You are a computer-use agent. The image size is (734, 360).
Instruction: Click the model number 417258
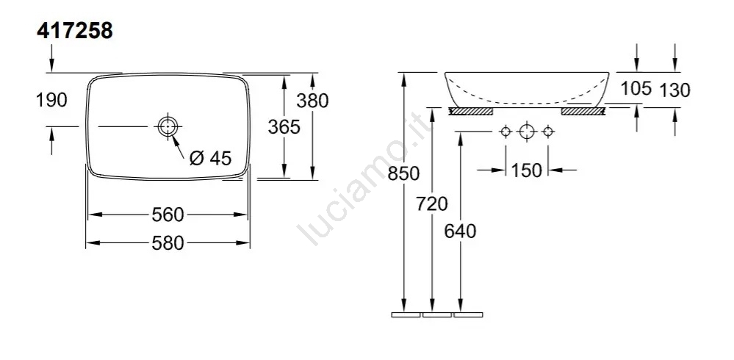click(75, 31)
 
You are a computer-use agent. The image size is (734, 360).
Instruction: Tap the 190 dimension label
click(51, 100)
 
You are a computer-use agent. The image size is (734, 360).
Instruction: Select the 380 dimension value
click(312, 100)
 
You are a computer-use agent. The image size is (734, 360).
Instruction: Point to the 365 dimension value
click(284, 126)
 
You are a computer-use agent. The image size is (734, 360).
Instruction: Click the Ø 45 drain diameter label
click(211, 158)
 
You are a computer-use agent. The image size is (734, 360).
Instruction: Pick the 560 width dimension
click(168, 215)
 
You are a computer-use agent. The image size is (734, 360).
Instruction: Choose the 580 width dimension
click(168, 243)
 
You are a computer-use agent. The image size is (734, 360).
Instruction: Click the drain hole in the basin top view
click(167, 126)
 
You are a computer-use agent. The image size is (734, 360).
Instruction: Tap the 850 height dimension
click(403, 173)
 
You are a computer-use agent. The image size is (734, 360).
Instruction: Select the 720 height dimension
click(432, 204)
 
